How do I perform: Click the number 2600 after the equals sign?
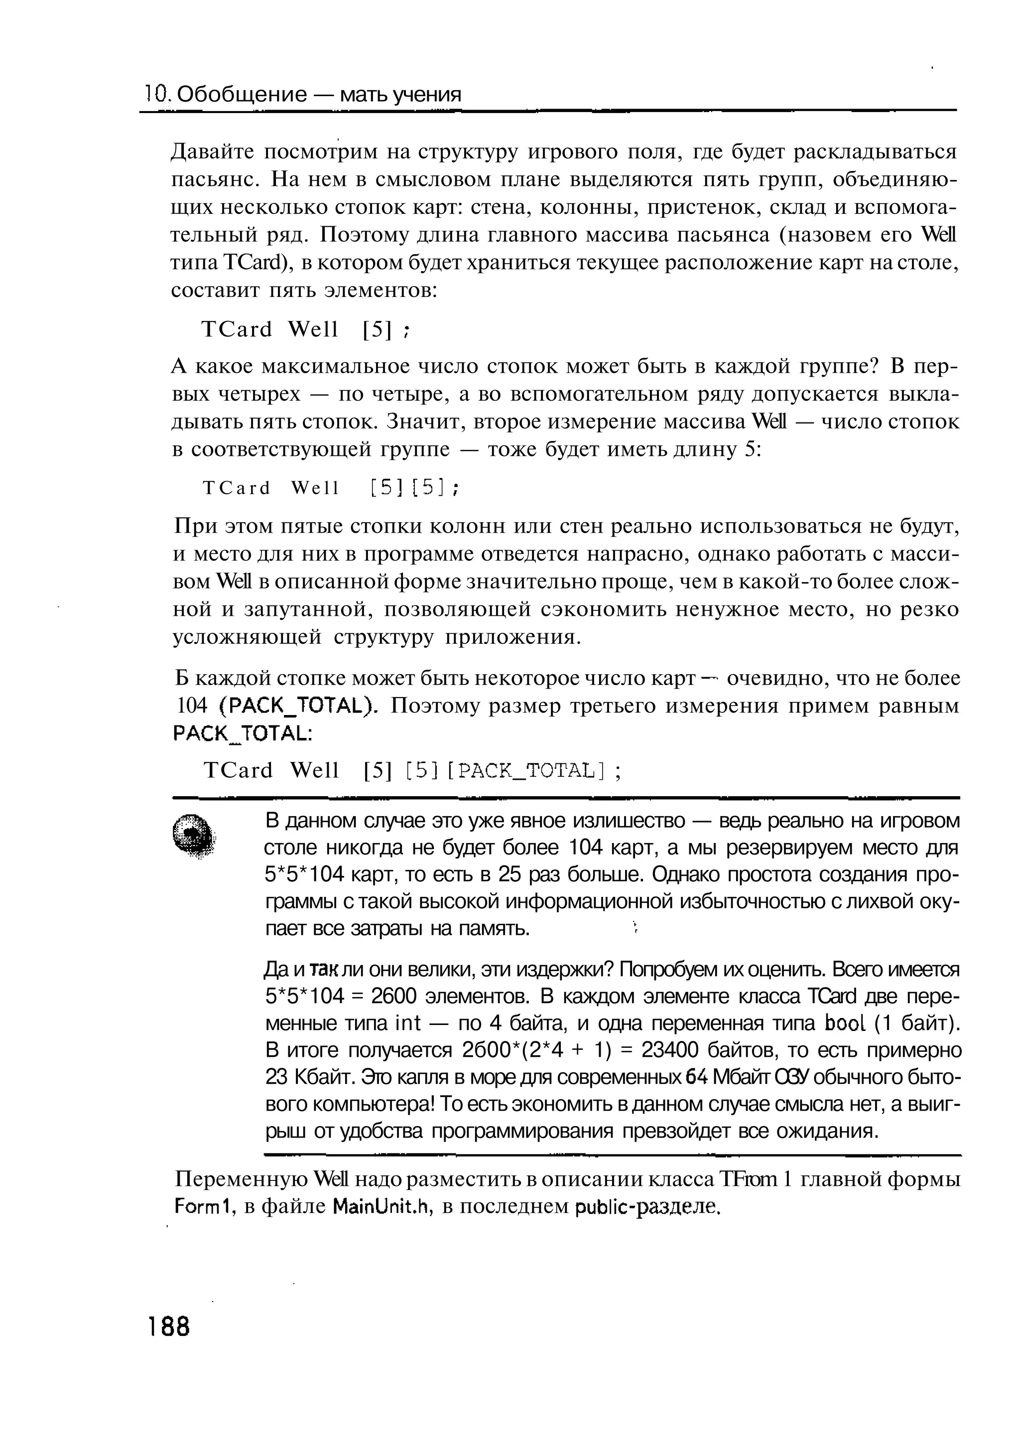click(394, 996)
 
